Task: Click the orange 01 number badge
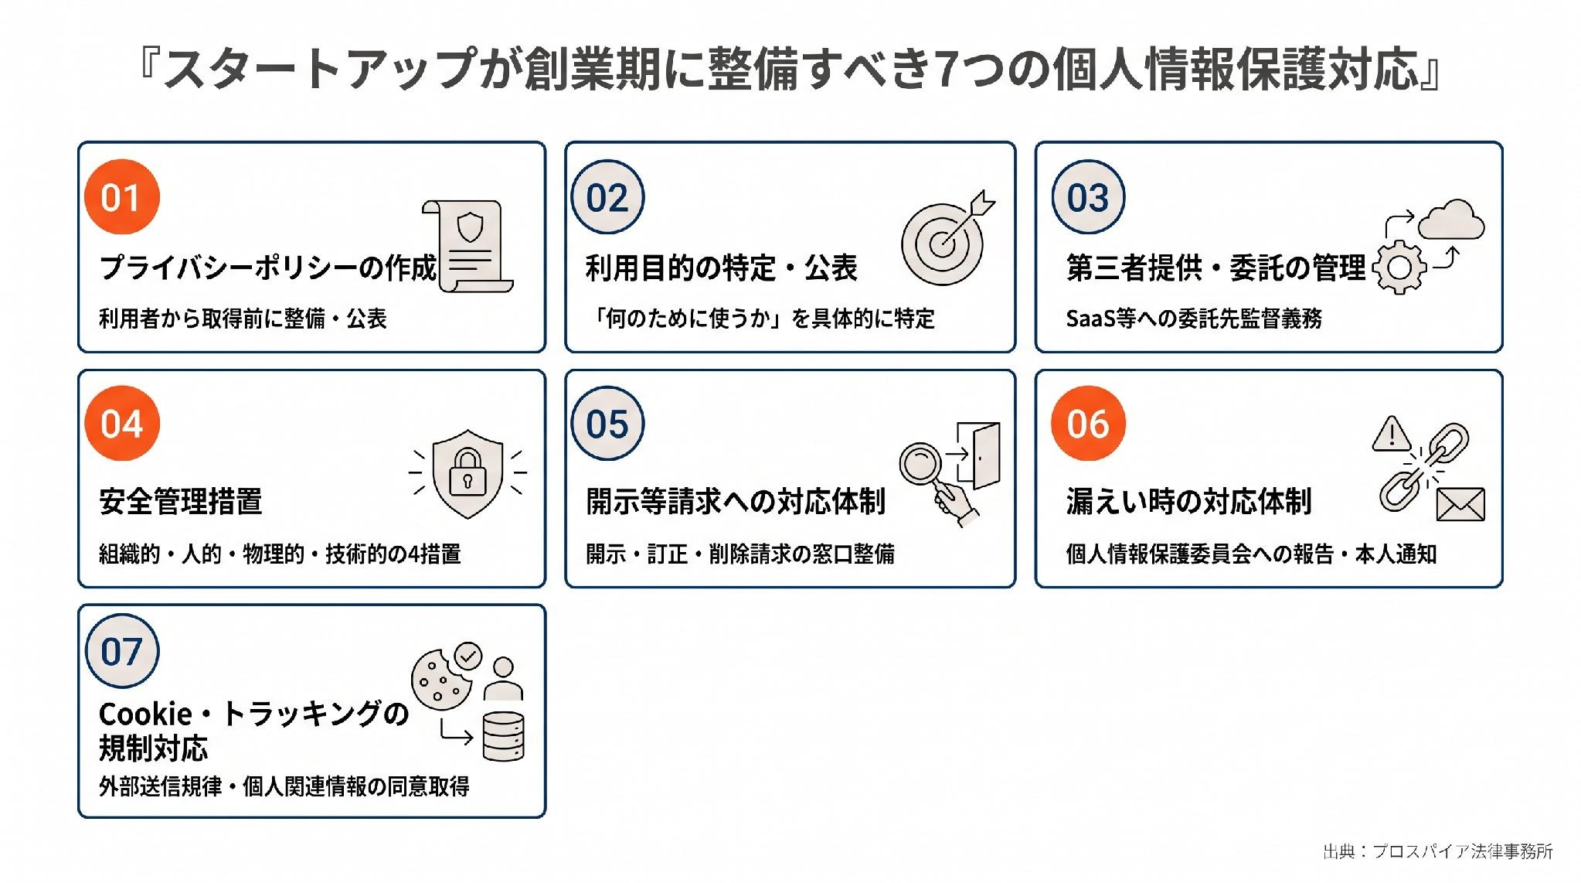point(121,197)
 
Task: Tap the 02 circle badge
point(607,197)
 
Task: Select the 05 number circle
point(607,424)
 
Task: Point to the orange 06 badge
point(1088,424)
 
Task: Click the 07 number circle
point(121,651)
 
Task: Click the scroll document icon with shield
point(467,247)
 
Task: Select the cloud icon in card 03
point(1450,220)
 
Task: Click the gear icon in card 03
point(1399,268)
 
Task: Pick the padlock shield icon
point(467,472)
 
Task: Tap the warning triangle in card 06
point(1392,434)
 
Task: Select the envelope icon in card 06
point(1460,504)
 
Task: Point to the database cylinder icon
point(503,736)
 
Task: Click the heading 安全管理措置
point(181,501)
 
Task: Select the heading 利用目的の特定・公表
point(722,268)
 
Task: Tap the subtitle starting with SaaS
point(1194,318)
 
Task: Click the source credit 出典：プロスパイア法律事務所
point(1438,851)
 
